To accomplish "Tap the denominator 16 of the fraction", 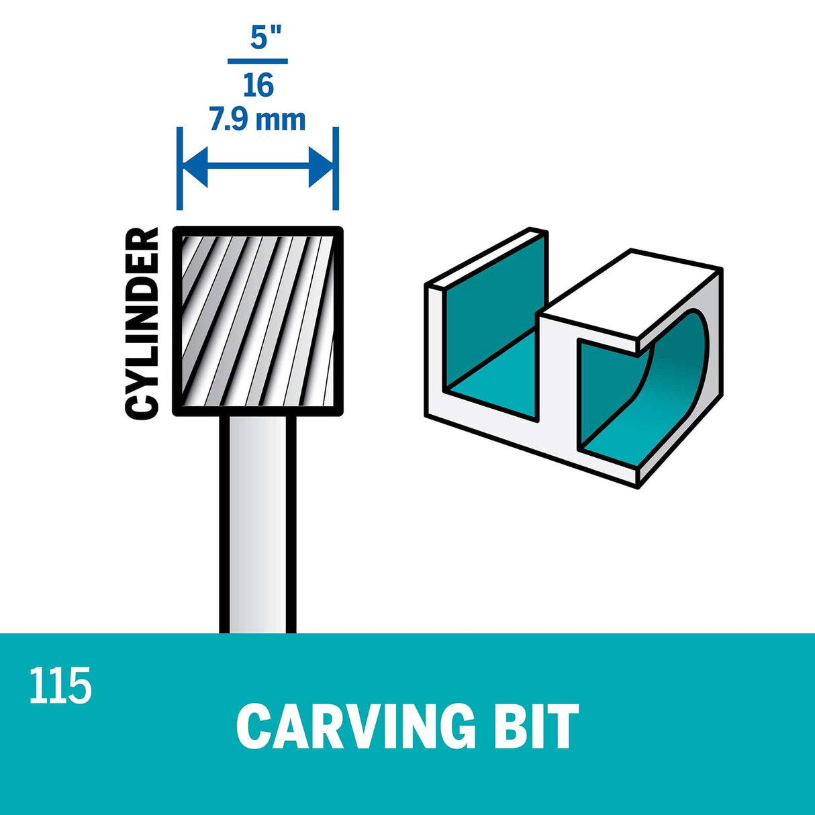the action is click(x=258, y=85).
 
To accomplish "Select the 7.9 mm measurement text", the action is click(x=258, y=120).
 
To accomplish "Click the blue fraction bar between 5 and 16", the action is click(x=258, y=61).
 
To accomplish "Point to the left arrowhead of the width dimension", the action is click(x=195, y=167).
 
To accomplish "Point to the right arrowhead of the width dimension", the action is click(x=322, y=167).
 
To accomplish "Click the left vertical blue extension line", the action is click(x=180, y=168).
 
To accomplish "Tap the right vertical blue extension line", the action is click(x=336, y=168).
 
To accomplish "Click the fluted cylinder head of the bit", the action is click(x=258, y=322).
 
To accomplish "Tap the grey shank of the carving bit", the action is click(x=258, y=524).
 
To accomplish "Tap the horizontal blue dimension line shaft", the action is click(x=258, y=167).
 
